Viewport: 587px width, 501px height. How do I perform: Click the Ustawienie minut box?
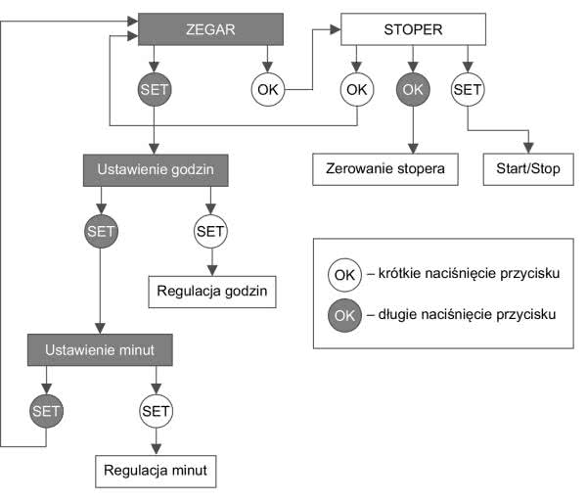100,347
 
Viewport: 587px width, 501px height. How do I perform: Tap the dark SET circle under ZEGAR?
155,89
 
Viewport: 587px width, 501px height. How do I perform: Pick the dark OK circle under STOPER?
411,89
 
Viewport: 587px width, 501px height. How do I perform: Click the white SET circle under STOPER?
468,89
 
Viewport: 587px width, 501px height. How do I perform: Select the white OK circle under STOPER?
356,89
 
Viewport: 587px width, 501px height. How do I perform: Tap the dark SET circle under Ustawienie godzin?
100,232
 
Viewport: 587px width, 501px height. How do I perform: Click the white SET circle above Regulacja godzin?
211,232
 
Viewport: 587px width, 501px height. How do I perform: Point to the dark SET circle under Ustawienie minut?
45,411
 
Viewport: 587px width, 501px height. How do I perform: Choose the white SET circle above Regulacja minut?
156,411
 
